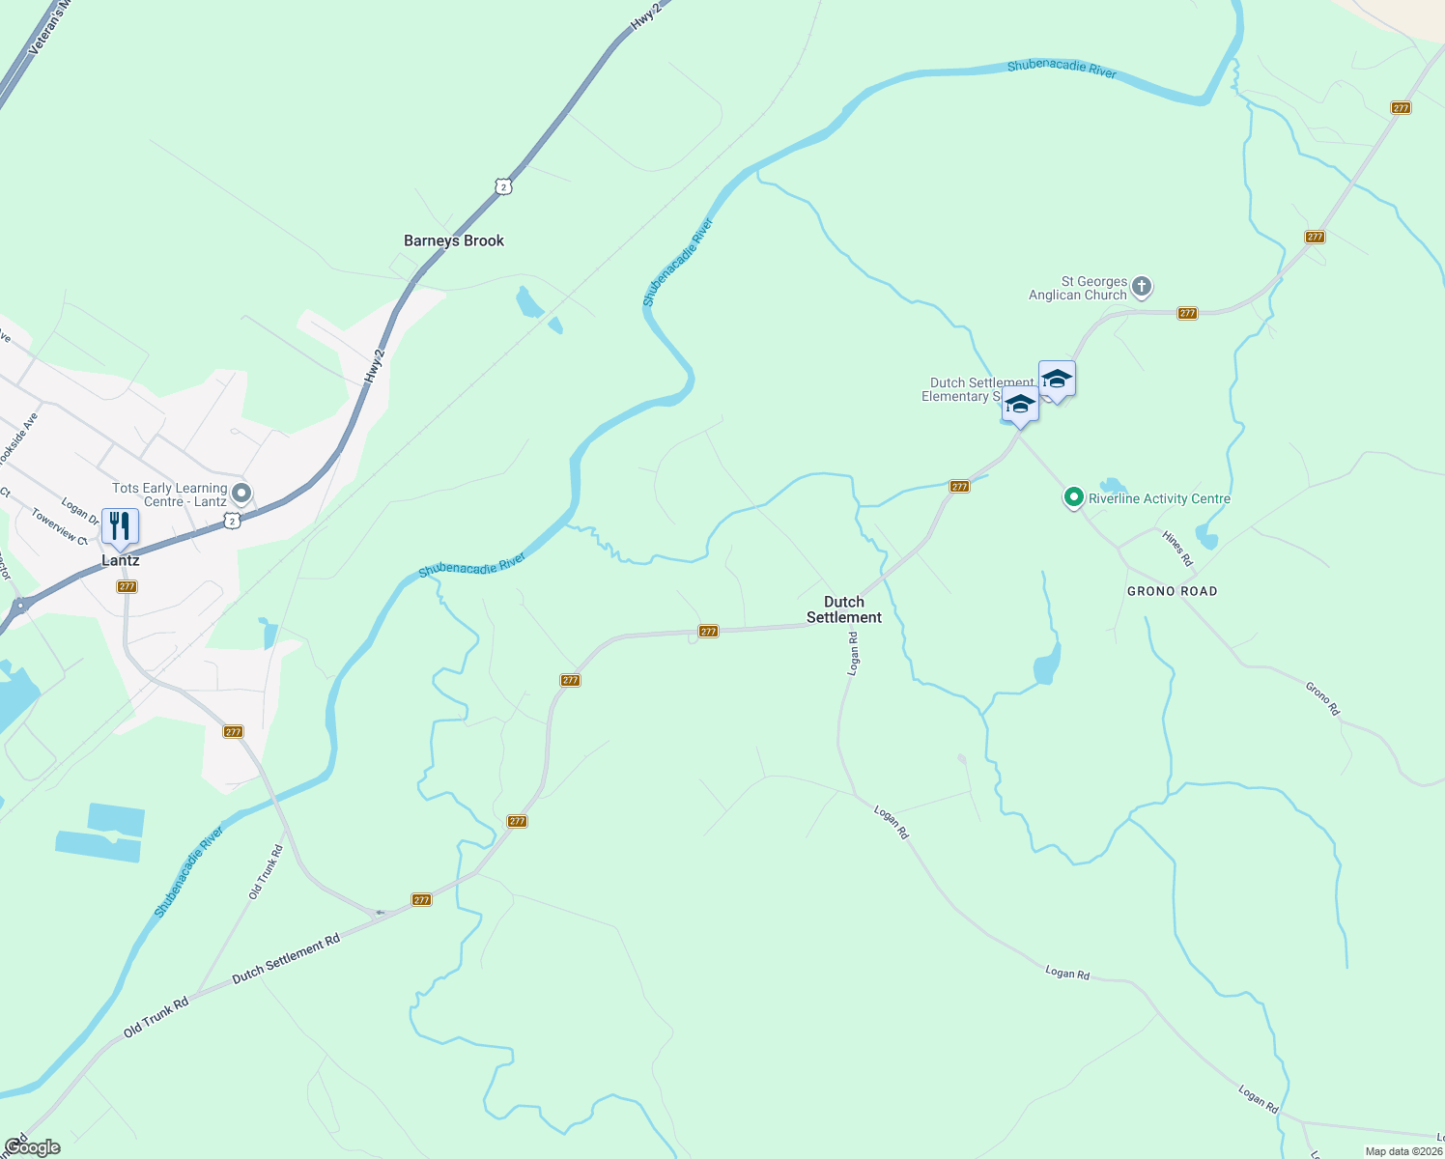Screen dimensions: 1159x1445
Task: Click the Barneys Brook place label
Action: pyautogui.click(x=454, y=241)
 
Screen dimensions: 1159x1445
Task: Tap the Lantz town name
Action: pyautogui.click(x=121, y=561)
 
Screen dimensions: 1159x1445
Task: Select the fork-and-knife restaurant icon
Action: pyautogui.click(x=120, y=526)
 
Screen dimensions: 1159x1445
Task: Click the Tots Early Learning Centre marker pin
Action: pyautogui.click(x=241, y=495)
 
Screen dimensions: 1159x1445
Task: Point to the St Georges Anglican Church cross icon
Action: pyautogui.click(x=1142, y=286)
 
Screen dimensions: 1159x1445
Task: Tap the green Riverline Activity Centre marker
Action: pyautogui.click(x=1073, y=498)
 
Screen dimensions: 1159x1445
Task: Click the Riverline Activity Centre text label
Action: pyautogui.click(x=1159, y=499)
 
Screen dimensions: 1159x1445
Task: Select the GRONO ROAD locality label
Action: pyautogui.click(x=1172, y=591)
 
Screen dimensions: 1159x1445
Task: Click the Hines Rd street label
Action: pyautogui.click(x=1177, y=548)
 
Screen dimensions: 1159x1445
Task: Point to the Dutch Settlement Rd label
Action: pyautogui.click(x=286, y=959)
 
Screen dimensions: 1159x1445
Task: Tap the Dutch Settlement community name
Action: pyautogui.click(x=844, y=609)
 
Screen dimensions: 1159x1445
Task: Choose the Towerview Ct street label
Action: pyautogui.click(x=59, y=526)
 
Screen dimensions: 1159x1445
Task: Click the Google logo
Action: pyautogui.click(x=32, y=1147)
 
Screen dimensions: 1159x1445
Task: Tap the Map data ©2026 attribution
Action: pyautogui.click(x=1403, y=1151)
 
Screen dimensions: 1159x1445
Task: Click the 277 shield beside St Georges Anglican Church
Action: pyautogui.click(x=1187, y=313)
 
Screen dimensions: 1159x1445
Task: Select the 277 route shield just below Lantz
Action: pyautogui.click(x=127, y=586)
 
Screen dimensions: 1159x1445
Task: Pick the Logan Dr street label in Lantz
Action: pyautogui.click(x=79, y=511)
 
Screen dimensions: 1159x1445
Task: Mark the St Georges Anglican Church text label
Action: pyautogui.click(x=1079, y=289)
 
